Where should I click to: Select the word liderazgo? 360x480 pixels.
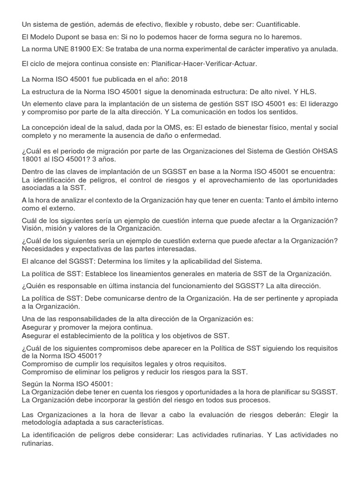[x=321, y=104]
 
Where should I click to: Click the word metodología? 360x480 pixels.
[x=44, y=423]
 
